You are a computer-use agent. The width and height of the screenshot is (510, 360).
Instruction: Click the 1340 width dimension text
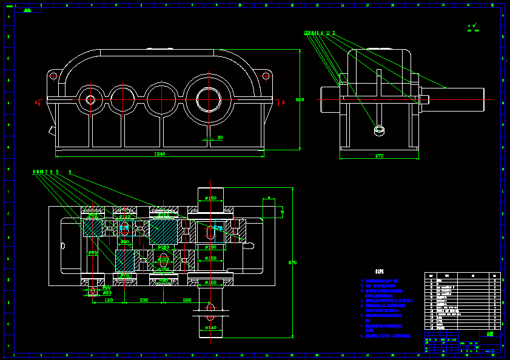159,154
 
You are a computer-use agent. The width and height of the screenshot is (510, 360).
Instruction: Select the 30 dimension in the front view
220,138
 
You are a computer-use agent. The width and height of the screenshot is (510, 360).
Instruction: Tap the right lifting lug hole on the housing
265,76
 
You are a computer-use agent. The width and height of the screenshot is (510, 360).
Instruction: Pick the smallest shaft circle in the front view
90,99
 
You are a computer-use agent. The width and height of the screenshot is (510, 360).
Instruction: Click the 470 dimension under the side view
379,156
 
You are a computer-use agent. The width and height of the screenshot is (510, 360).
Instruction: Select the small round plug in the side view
380,129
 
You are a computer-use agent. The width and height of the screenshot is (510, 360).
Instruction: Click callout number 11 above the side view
328,33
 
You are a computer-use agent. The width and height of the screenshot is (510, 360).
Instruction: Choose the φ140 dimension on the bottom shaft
210,327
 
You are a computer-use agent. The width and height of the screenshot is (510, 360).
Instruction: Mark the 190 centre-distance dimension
109,299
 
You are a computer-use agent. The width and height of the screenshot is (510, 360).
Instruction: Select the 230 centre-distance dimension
144,299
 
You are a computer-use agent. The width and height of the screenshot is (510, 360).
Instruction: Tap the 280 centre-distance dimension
187,299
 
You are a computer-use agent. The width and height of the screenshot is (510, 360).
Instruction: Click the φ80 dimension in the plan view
92,252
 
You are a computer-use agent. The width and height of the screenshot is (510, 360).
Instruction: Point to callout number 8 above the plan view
70,172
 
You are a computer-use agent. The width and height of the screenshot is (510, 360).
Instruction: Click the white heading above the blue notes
380,272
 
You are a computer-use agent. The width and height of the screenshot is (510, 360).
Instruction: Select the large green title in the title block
490,334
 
